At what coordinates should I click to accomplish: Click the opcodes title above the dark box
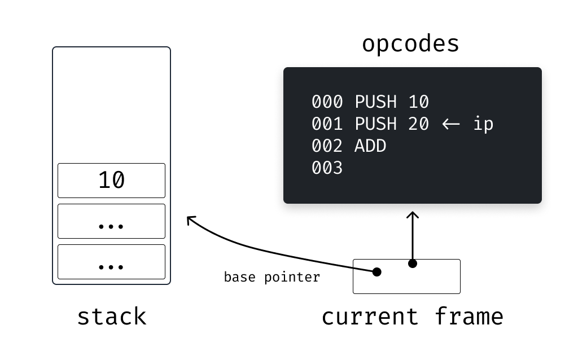click(x=410, y=44)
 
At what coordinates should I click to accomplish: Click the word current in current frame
click(x=370, y=317)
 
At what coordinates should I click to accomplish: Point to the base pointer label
click(x=272, y=277)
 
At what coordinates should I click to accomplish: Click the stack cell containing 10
click(x=111, y=181)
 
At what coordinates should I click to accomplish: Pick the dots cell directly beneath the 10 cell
click(x=111, y=221)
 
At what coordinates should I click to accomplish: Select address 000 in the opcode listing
click(x=327, y=102)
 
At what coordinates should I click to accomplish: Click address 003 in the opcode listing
click(x=327, y=168)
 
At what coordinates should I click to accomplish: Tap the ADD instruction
click(x=370, y=146)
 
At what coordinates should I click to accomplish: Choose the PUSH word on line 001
click(x=375, y=124)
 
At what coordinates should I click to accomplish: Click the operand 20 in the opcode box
click(x=418, y=124)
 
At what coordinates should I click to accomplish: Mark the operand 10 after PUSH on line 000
click(x=418, y=102)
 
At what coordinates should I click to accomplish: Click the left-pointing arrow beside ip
click(x=451, y=124)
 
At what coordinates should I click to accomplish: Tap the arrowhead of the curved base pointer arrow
click(x=191, y=219)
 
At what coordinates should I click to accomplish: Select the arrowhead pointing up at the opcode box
click(x=413, y=214)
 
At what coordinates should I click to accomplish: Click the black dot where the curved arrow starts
click(x=376, y=272)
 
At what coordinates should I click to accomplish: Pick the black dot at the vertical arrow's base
click(x=413, y=264)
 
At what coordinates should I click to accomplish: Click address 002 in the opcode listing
click(x=327, y=146)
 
